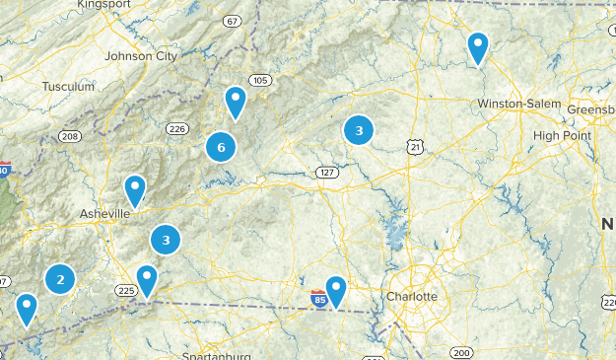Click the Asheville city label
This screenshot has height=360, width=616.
pyautogui.click(x=104, y=213)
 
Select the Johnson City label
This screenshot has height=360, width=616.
pyautogui.click(x=140, y=56)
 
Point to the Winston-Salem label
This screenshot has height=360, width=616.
pyautogui.click(x=518, y=105)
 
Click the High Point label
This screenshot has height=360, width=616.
pyautogui.click(x=559, y=135)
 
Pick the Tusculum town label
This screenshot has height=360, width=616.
pyautogui.click(x=67, y=87)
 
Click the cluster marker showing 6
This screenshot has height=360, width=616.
pyautogui.click(x=221, y=147)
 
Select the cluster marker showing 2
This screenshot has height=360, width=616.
pyautogui.click(x=60, y=279)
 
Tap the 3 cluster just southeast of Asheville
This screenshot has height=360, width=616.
pyautogui.click(x=166, y=239)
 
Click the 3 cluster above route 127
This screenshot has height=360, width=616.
pyautogui.click(x=359, y=129)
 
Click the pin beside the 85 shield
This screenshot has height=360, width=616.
pyautogui.click(x=336, y=291)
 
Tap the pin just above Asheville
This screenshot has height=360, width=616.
pyautogui.click(x=134, y=189)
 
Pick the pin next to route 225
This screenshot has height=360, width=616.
pyautogui.click(x=147, y=280)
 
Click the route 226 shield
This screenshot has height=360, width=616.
pyautogui.click(x=177, y=128)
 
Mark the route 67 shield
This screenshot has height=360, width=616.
pyautogui.click(x=232, y=21)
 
